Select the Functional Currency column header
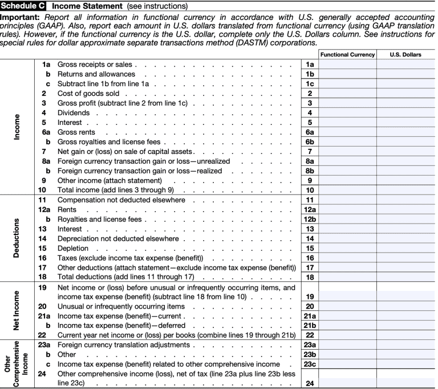347,54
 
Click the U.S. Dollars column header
406,54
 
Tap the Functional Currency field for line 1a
347,64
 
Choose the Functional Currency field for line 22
347,334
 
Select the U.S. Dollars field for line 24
406,383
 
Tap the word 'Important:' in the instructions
19,17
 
